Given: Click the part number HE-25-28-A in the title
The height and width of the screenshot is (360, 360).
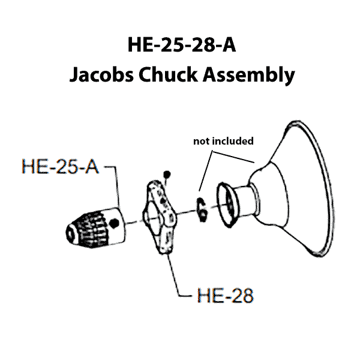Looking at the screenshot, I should pyautogui.click(x=180, y=46).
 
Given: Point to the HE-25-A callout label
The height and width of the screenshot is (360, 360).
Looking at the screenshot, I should pyautogui.click(x=60, y=166).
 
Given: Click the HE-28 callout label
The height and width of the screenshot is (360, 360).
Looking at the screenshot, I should pyautogui.click(x=225, y=296).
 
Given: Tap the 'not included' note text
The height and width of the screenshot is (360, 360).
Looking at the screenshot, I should pyautogui.click(x=223, y=142).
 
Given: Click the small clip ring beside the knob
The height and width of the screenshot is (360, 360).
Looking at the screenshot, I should pyautogui.click(x=202, y=205).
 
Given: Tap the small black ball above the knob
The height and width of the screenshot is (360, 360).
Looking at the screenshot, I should pyautogui.click(x=167, y=175).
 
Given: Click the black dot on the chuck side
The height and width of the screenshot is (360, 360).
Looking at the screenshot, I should pyautogui.click(x=114, y=223).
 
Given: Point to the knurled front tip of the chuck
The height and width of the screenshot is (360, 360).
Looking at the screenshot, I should pyautogui.click(x=74, y=232).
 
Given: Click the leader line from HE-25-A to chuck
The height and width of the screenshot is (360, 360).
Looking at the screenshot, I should pyautogui.click(x=115, y=186).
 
